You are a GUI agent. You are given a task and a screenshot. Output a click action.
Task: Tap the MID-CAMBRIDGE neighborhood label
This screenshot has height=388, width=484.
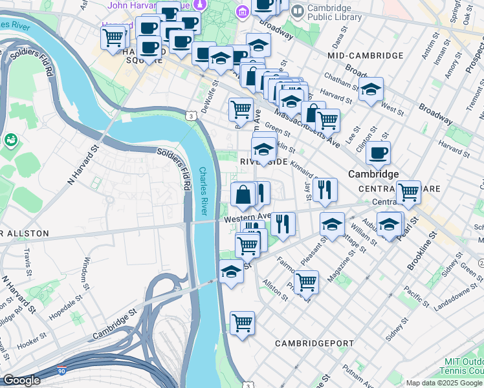[x=366, y=56]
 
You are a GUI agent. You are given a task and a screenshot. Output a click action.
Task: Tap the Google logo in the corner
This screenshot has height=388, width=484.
[x=21, y=380]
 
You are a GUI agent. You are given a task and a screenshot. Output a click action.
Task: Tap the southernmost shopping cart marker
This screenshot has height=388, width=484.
[x=242, y=323]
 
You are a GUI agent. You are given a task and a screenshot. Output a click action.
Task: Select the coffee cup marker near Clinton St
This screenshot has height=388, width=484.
[x=378, y=153]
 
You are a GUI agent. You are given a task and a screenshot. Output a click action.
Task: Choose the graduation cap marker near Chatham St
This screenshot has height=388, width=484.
[x=371, y=89]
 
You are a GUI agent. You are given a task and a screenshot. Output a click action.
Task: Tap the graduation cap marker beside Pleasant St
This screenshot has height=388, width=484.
[x=332, y=224]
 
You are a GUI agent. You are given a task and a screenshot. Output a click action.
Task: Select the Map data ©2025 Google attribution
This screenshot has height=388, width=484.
[x=445, y=383]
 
